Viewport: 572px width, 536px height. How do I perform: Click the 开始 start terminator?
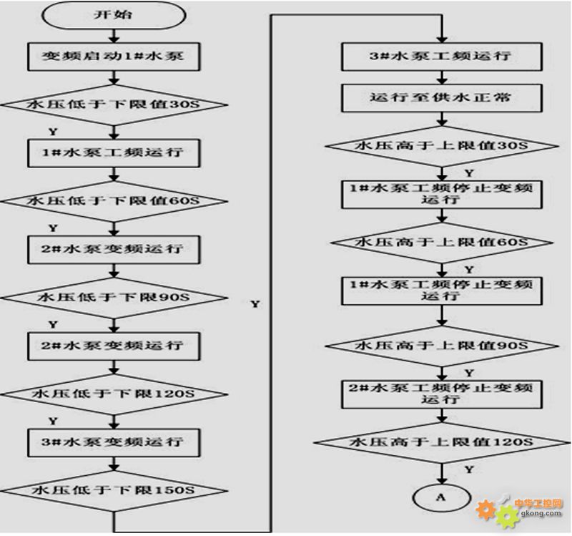tap(114, 15)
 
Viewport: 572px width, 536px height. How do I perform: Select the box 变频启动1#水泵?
tap(114, 57)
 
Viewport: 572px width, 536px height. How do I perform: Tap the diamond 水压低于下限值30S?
tap(114, 104)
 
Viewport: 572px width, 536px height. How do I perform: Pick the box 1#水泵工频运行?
tap(114, 153)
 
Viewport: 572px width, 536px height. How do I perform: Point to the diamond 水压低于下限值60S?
tap(114, 201)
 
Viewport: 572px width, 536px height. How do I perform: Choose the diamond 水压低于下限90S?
tap(114, 298)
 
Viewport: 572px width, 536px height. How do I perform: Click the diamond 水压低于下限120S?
tap(114, 394)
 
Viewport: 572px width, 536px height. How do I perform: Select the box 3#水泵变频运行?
tap(114, 442)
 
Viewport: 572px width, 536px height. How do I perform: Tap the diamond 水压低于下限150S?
tap(114, 491)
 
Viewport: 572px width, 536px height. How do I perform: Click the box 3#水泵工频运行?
tap(442, 57)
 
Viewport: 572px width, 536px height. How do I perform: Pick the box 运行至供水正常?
tap(442, 98)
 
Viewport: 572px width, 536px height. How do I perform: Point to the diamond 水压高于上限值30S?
tap(442, 146)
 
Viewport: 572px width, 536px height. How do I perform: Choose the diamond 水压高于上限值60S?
tap(442, 243)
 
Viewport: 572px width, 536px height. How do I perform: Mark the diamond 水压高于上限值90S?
tap(442, 346)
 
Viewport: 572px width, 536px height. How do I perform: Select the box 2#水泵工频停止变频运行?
tap(442, 394)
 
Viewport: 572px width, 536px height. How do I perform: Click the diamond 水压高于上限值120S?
tap(442, 442)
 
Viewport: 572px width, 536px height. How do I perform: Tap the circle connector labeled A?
tap(442, 498)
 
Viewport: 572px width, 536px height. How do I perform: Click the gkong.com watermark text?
tap(541, 513)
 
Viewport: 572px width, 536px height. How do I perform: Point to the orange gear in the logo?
tap(486, 510)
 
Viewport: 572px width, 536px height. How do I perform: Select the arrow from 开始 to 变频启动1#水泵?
tap(114, 36)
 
